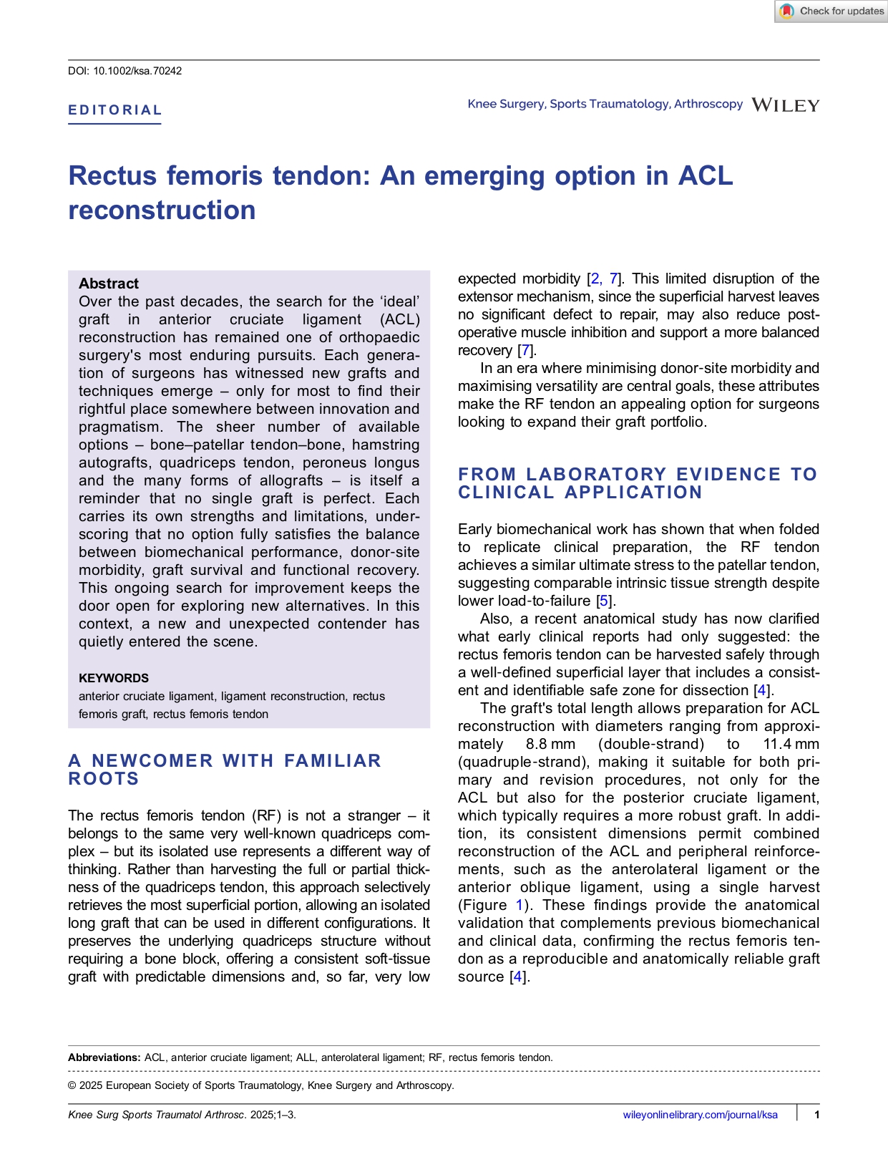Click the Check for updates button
[831, 11]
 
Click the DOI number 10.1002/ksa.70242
[137, 71]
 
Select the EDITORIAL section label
[115, 110]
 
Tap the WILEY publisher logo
[785, 105]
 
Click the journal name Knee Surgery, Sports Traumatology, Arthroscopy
[605, 104]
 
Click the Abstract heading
[109, 284]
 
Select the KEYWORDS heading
[114, 678]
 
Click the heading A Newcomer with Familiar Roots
[225, 769]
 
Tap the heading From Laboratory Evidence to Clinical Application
[637, 483]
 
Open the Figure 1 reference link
[519, 905]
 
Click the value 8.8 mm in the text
[550, 744]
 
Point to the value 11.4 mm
[791, 744]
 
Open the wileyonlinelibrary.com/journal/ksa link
[700, 1115]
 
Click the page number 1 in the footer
[816, 1115]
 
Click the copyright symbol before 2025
[72, 1085]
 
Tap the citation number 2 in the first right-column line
[595, 279]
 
